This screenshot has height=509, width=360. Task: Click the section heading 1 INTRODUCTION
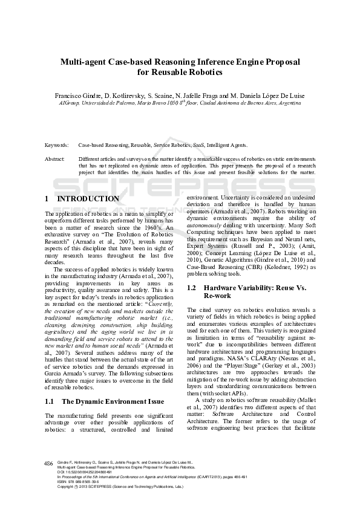(x=82, y=199)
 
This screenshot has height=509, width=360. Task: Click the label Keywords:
(x=56, y=146)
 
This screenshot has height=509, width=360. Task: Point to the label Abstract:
(x=55, y=158)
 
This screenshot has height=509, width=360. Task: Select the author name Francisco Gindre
(x=73, y=95)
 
